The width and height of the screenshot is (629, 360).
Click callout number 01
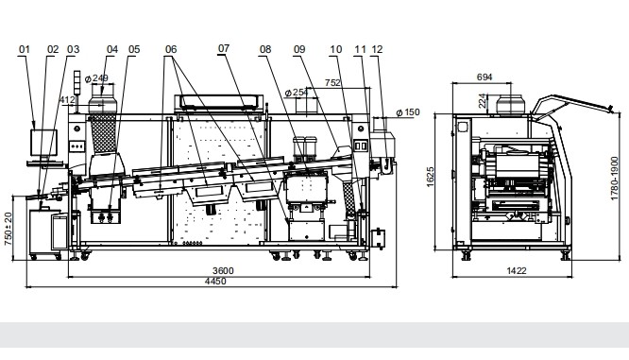pyautogui.click(x=25, y=49)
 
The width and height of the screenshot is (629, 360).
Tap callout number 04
pyautogui.click(x=112, y=49)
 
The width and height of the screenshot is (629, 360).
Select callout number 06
pyautogui.click(x=171, y=49)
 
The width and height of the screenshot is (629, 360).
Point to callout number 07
pyautogui.click(x=224, y=48)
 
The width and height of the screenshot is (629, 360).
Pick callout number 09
pyautogui.click(x=299, y=49)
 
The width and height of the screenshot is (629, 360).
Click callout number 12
pyautogui.click(x=377, y=49)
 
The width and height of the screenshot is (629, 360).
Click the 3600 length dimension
pyautogui.click(x=223, y=270)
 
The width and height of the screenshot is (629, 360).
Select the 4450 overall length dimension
pyautogui.click(x=215, y=281)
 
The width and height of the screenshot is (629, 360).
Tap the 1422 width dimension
pyautogui.click(x=517, y=271)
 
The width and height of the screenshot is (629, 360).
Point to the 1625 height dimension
pyautogui.click(x=430, y=177)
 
